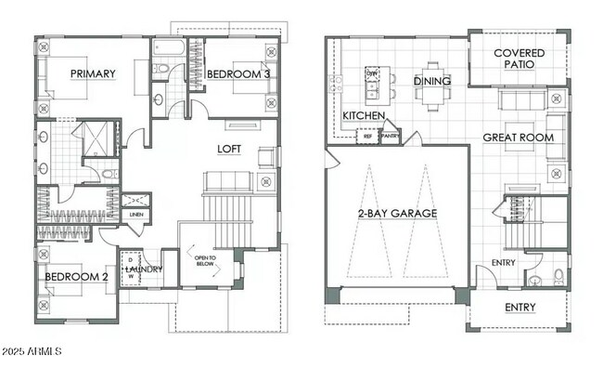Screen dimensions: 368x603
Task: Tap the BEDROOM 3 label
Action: tap(238, 74)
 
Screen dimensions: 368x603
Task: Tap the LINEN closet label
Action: tap(136, 215)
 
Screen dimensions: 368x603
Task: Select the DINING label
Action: tap(432, 82)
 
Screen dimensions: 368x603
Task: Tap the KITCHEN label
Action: tap(364, 115)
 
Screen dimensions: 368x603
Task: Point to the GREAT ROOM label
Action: tap(518, 138)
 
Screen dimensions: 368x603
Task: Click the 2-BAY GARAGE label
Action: tap(397, 213)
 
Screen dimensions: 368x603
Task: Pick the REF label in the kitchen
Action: tap(367, 136)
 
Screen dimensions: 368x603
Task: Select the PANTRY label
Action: tap(390, 136)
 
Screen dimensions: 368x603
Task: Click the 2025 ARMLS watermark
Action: tap(33, 353)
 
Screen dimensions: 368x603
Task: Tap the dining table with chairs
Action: tap(433, 82)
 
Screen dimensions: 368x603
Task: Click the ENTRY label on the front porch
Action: tap(520, 308)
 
